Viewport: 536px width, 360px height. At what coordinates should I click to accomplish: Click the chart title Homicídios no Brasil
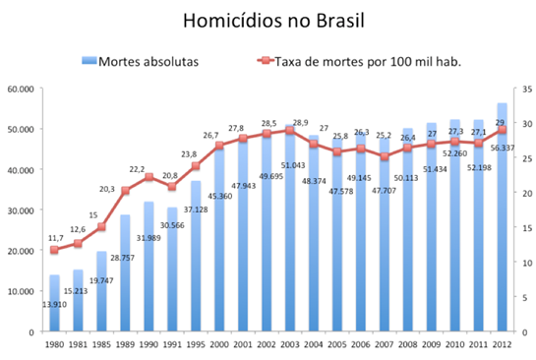tap(267, 21)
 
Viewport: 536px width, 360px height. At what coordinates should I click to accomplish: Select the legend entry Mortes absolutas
tap(148, 62)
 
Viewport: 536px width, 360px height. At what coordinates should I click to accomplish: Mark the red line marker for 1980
tap(54, 250)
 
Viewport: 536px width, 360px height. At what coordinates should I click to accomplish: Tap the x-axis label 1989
tap(125, 344)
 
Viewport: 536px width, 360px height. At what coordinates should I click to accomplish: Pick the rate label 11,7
tap(56, 238)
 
